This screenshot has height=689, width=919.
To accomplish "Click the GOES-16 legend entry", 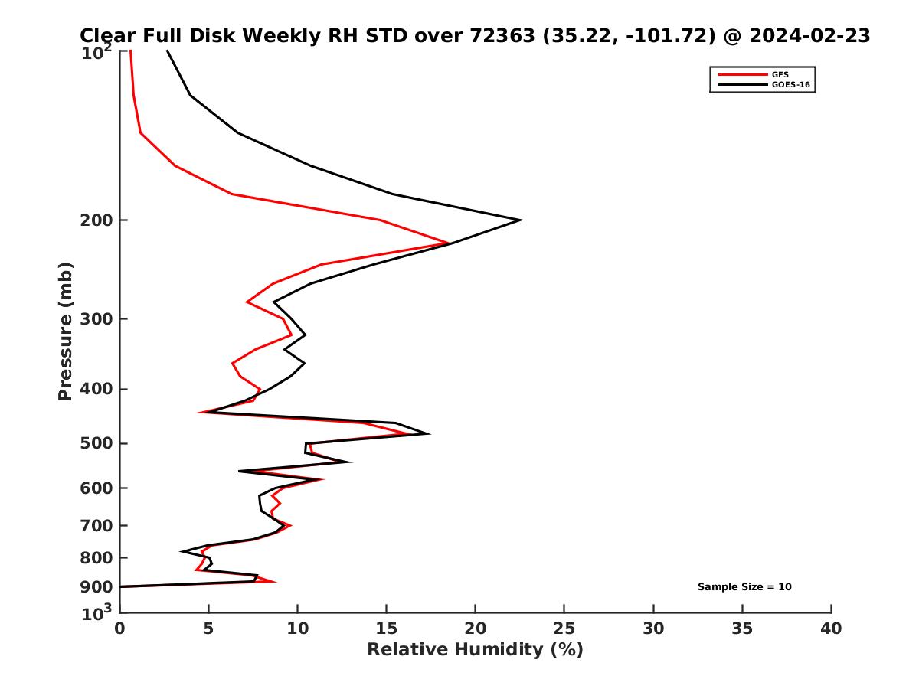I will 790,85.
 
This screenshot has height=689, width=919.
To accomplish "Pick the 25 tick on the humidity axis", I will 564,629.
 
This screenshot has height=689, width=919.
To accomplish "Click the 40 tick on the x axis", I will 831,629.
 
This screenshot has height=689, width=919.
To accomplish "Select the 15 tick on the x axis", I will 387,629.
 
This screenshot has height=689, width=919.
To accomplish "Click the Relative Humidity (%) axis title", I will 475,650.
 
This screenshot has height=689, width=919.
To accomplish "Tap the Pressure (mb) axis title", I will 65,331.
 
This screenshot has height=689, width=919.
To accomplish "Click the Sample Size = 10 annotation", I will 744,587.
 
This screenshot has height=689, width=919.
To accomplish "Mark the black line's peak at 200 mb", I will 521,220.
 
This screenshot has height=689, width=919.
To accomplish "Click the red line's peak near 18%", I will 448,243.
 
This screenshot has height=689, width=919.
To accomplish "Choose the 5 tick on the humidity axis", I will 208,629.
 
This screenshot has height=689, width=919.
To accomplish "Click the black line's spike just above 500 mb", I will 428,434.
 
